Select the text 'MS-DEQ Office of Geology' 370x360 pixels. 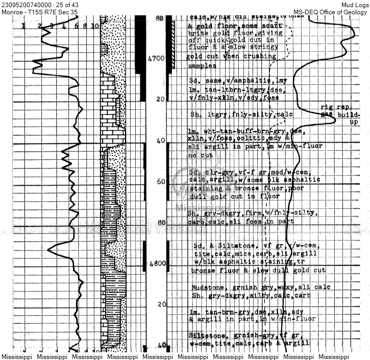point(331,12)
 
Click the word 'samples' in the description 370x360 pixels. point(202,66)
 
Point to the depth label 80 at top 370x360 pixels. point(159,18)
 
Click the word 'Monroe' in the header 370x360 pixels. point(12,12)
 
